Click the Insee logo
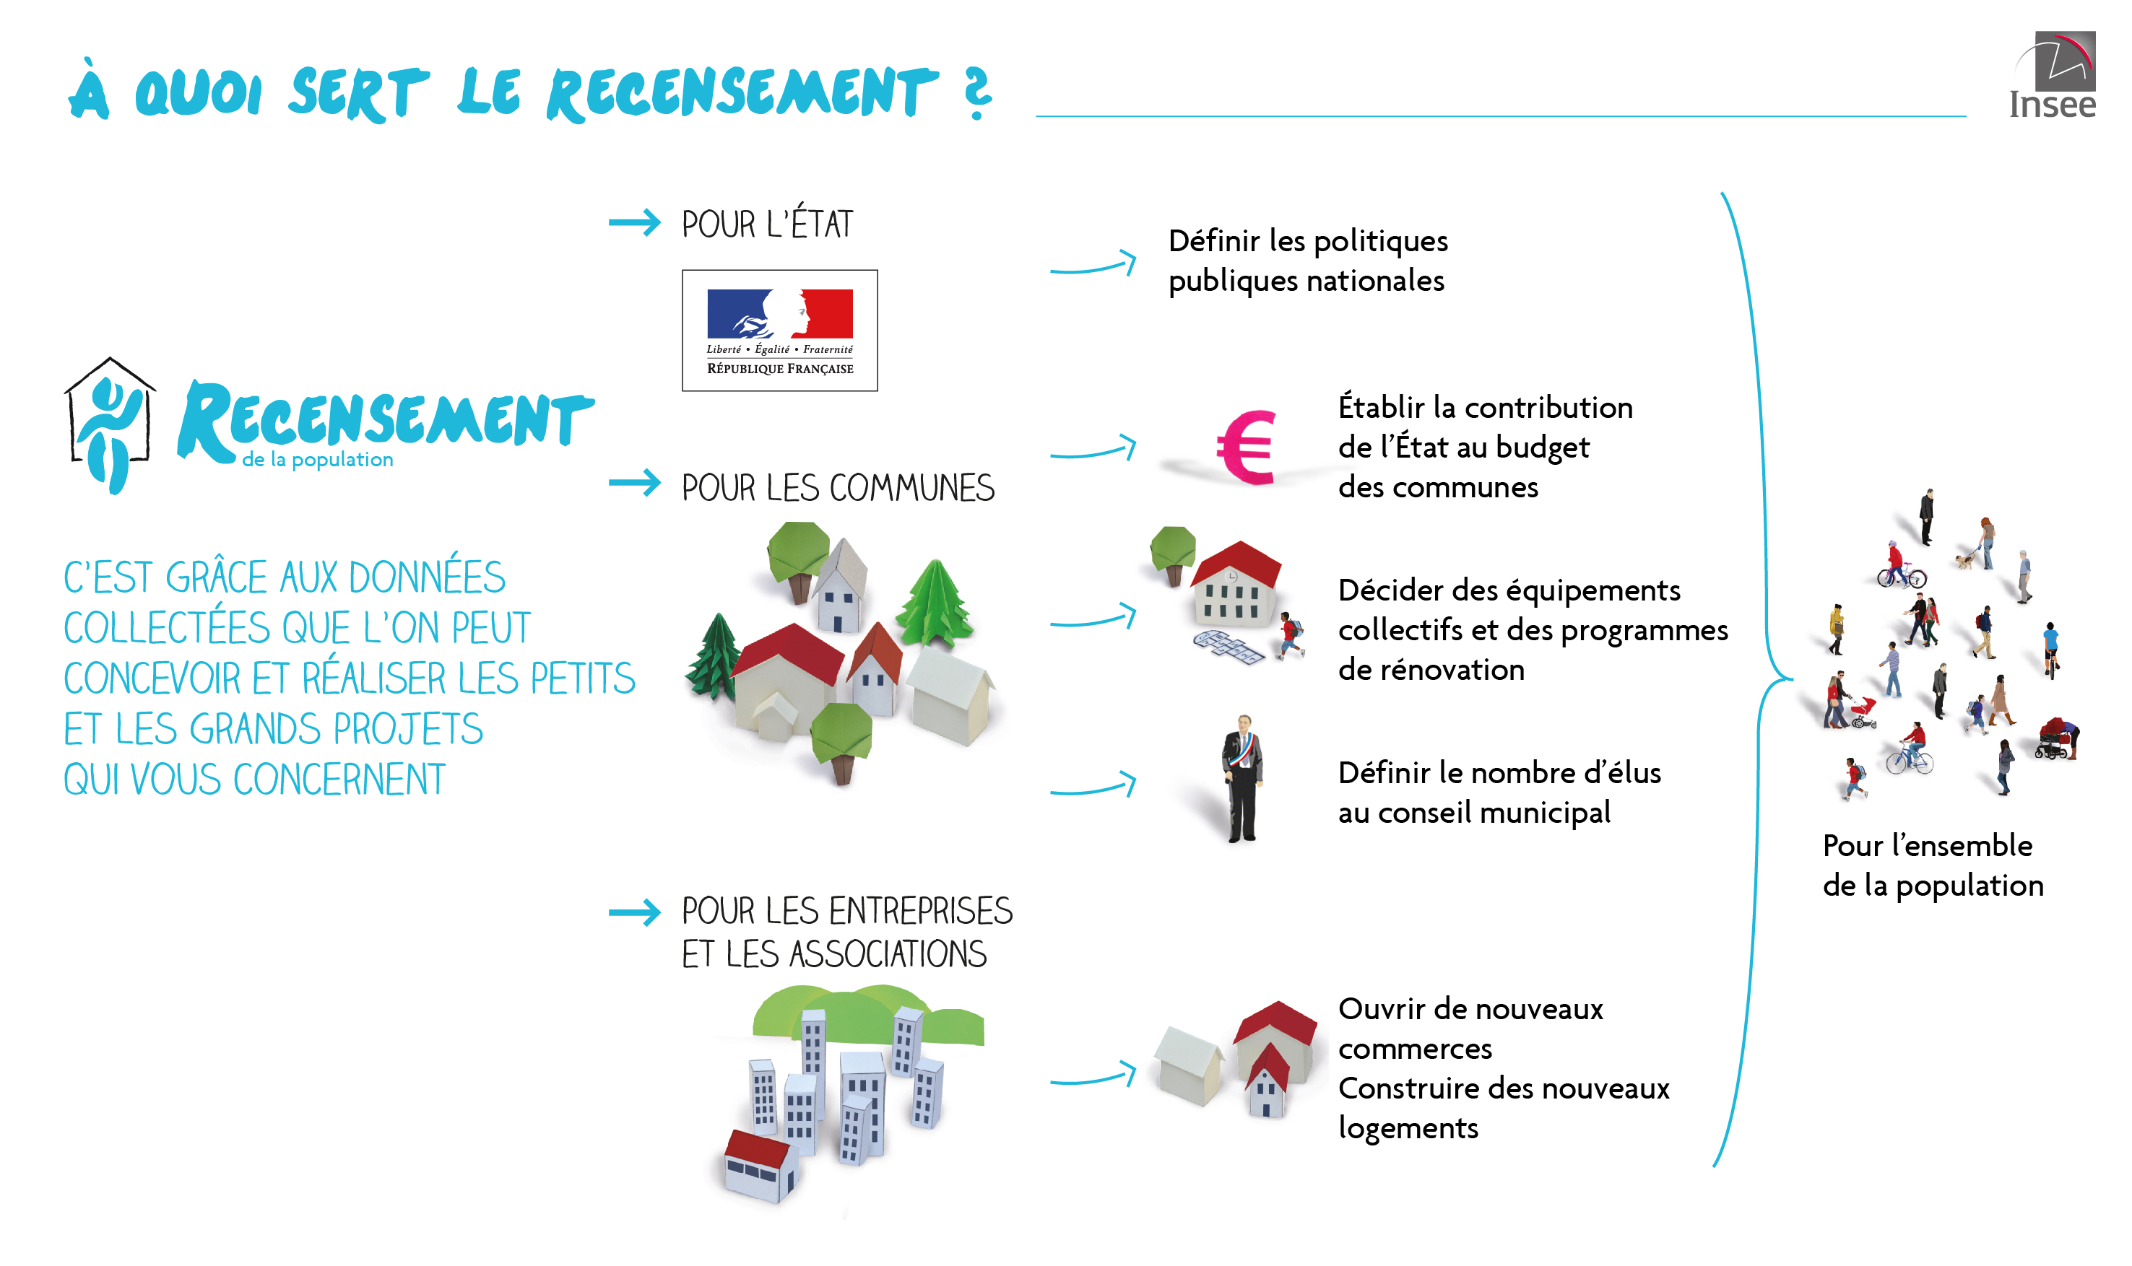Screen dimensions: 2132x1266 (x=2053, y=75)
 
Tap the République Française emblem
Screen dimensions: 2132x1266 (x=779, y=330)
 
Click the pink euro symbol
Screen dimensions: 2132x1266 (x=1247, y=447)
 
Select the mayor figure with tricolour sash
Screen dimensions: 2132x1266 (x=1241, y=778)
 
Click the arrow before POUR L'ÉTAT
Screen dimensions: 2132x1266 (x=634, y=222)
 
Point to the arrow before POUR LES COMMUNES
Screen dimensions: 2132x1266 (x=634, y=483)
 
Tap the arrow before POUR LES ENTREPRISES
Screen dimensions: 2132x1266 (x=634, y=913)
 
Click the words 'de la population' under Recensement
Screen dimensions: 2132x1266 (x=318, y=460)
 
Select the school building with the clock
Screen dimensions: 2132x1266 (x=1236, y=583)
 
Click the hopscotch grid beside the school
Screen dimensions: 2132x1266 (x=1228, y=647)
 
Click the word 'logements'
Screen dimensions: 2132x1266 (x=1408, y=1128)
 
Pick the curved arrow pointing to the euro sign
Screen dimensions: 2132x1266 (x=1093, y=449)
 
